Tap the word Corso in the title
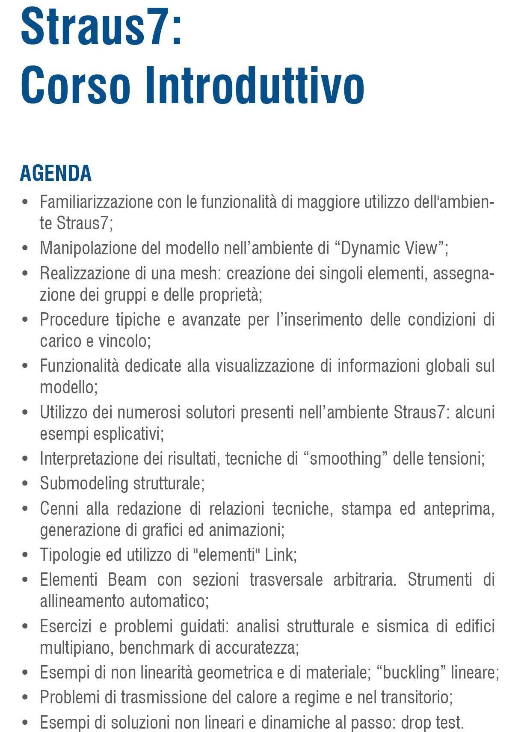tap(75, 85)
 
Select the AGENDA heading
tap(56, 173)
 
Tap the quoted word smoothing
tap(345, 459)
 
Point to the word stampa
tap(366, 509)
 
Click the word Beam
tap(127, 580)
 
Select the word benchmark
tap(157, 648)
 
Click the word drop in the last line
tap(416, 723)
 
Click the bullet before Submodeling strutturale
tap(25, 483)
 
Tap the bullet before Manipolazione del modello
tap(25, 248)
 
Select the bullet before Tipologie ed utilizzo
tap(25, 555)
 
